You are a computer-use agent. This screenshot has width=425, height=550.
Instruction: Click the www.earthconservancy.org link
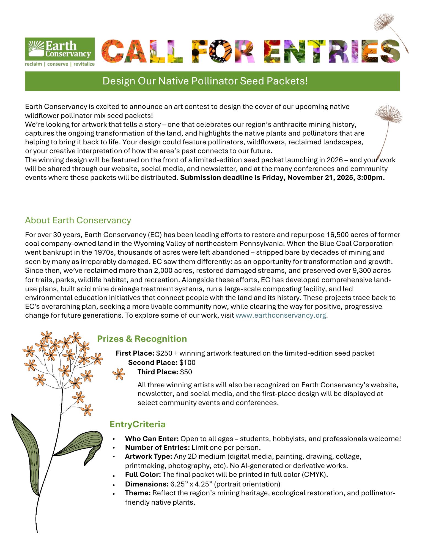(281, 315)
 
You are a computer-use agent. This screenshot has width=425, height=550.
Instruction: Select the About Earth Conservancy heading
(78, 220)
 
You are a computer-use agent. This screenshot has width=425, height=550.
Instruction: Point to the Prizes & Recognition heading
(142, 339)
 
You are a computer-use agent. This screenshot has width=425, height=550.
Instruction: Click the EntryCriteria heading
(138, 424)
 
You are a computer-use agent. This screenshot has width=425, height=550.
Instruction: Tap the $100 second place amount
(187, 362)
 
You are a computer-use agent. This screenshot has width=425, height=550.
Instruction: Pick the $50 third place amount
(186, 372)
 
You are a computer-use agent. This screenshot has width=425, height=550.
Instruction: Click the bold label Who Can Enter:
(152, 439)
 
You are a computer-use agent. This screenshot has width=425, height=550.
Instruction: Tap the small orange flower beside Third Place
(119, 374)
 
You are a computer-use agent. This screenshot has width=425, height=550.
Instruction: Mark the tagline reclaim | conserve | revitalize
(60, 64)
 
